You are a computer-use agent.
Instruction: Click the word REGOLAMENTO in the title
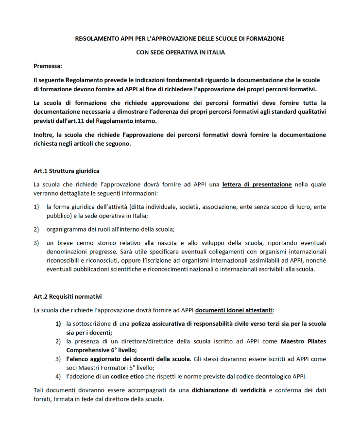(97, 38)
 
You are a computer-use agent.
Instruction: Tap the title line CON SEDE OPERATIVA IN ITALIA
(180, 52)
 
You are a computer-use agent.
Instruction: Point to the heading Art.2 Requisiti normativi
(68, 296)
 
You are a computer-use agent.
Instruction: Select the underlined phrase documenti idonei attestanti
(234, 310)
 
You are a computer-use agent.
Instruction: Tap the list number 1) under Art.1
(36, 207)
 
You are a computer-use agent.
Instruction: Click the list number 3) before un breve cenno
(36, 242)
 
